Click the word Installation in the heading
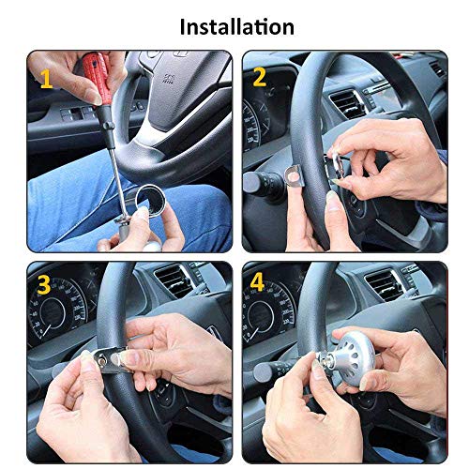(236, 25)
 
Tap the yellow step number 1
(45, 80)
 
